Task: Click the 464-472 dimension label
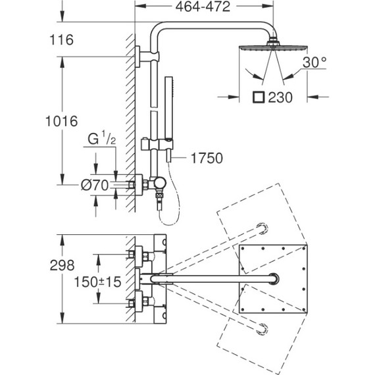203,7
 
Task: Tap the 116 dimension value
61,39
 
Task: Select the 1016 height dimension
61,121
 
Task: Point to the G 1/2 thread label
102,138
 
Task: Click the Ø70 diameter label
95,185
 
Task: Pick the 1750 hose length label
207,158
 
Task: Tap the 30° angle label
314,63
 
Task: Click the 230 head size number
280,97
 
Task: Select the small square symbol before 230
259,97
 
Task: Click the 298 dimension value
63,266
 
